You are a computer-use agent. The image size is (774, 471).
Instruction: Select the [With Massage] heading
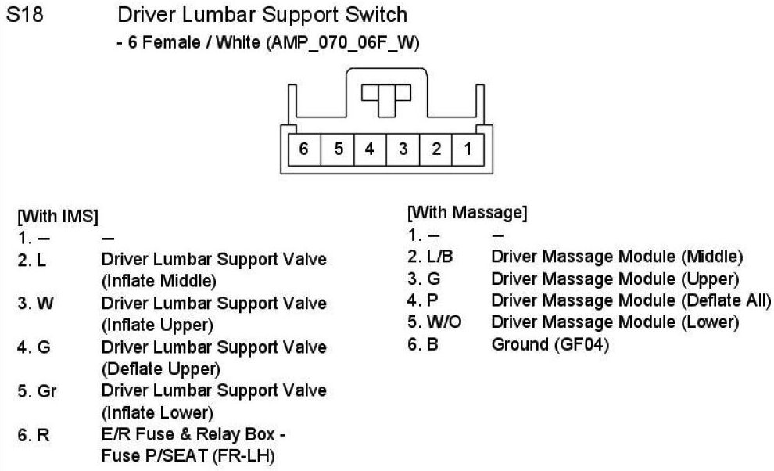click(467, 212)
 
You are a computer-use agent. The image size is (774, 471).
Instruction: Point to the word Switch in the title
click(368, 15)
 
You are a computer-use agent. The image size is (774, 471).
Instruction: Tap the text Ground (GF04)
click(550, 343)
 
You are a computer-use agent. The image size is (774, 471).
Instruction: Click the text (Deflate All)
click(725, 300)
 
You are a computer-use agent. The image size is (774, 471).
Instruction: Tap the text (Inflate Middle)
click(159, 280)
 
